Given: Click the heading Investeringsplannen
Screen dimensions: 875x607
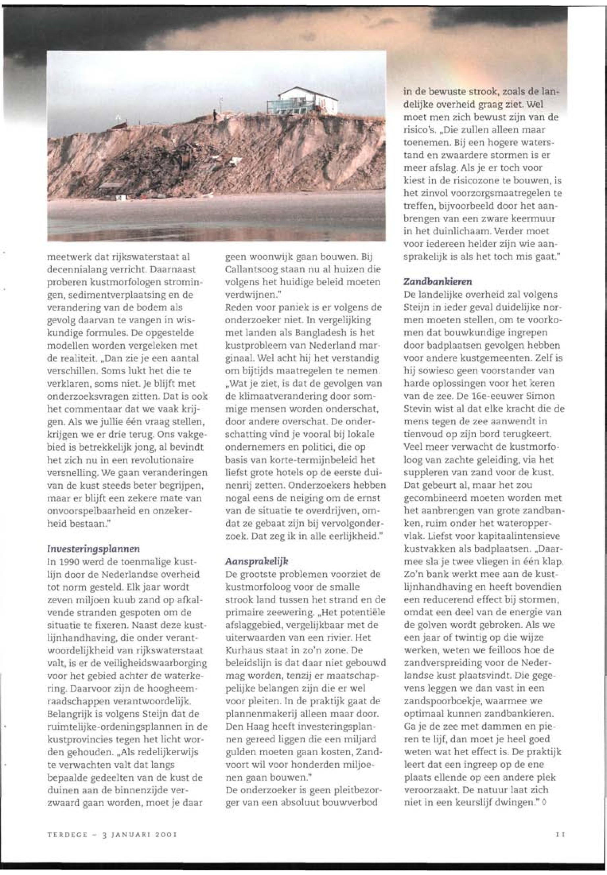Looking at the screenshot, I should [x=93, y=549].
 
